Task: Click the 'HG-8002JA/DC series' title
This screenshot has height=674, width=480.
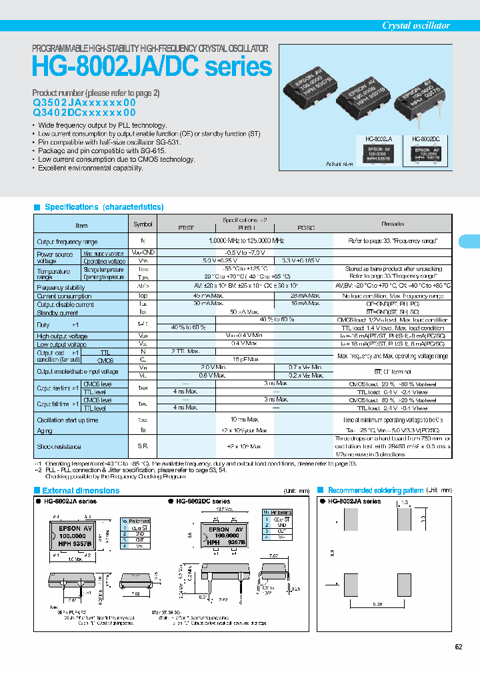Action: (x=152, y=67)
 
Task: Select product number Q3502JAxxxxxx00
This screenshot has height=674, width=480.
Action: (x=84, y=103)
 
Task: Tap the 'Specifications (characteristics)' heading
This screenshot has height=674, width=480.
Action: (x=103, y=207)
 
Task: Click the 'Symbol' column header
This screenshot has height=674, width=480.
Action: (x=143, y=224)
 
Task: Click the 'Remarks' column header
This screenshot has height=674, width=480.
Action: (x=393, y=224)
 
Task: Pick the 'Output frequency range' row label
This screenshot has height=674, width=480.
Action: (x=67, y=242)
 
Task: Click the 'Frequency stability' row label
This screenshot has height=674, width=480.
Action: (x=61, y=287)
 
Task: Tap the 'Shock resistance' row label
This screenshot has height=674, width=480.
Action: (x=59, y=446)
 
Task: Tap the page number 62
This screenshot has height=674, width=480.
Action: (x=458, y=647)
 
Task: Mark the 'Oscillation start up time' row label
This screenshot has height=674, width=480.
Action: (x=67, y=420)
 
